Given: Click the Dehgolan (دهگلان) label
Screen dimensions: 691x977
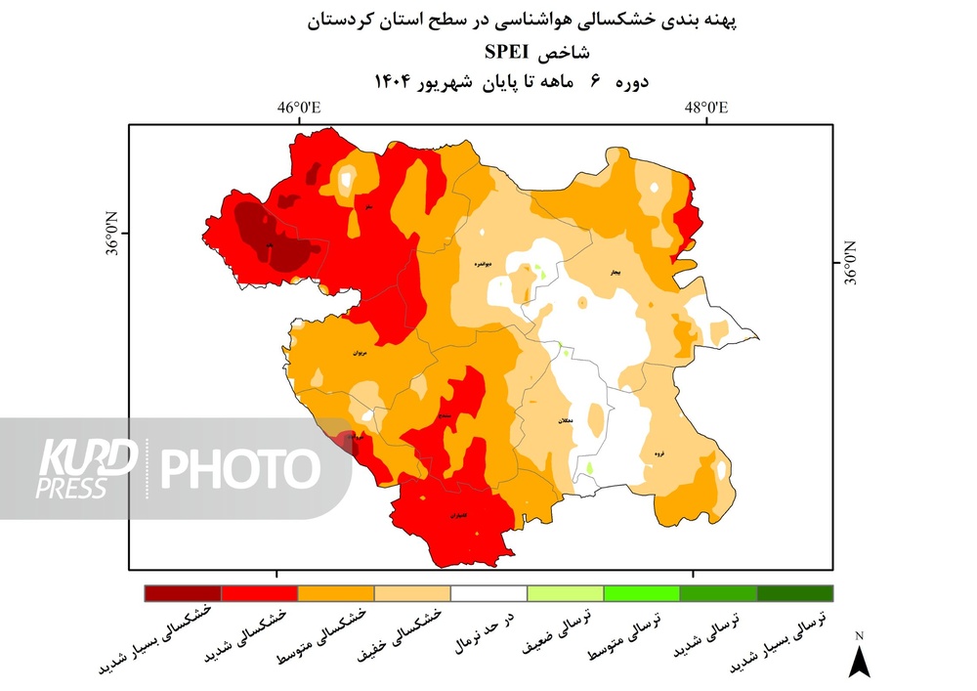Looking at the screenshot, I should [564, 420].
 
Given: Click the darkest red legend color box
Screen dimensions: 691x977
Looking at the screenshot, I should [183, 593].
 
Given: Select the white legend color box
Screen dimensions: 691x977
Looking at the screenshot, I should [488, 593].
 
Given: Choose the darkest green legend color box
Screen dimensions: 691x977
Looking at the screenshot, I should [795, 593].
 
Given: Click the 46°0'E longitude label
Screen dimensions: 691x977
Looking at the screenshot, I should [299, 108].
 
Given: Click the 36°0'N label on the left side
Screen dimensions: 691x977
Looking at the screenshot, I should [111, 235].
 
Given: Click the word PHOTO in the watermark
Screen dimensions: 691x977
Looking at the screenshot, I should [240, 468].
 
